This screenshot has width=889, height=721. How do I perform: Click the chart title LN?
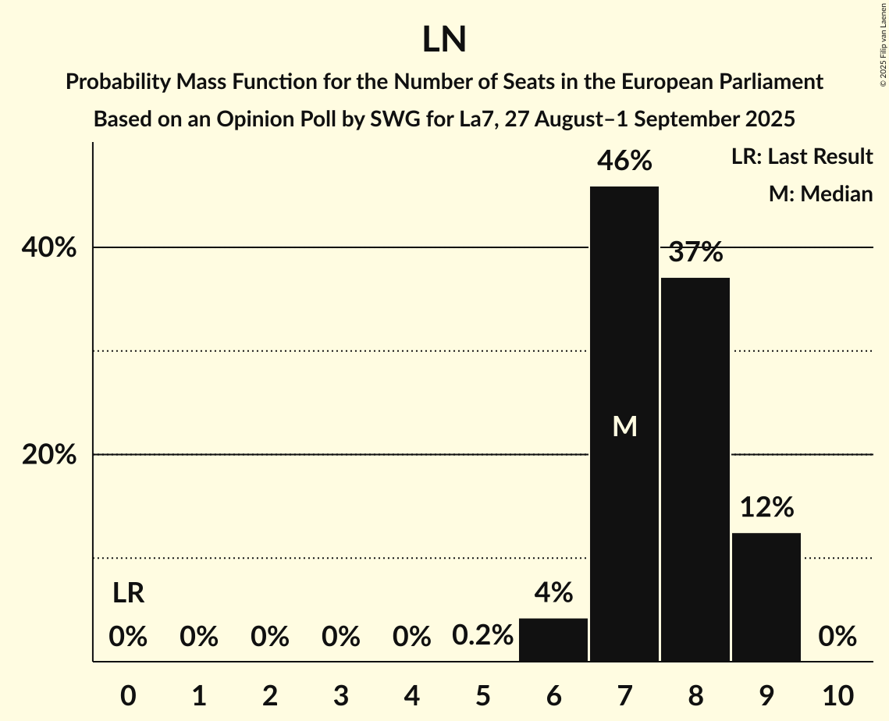(444, 40)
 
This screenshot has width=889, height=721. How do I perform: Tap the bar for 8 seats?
(695, 469)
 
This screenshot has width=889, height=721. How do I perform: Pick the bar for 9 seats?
(766, 597)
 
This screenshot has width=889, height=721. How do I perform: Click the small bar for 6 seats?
(553, 640)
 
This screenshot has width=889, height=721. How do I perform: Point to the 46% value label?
(624, 162)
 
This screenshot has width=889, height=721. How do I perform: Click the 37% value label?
(695, 252)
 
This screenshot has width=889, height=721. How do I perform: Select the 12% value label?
(766, 508)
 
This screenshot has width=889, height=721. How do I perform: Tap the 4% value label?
(553, 594)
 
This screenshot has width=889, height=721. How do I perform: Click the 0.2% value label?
(482, 637)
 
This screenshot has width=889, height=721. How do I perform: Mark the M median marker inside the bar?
(624, 426)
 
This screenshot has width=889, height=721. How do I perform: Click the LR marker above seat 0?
(128, 594)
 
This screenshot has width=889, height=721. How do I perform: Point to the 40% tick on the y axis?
(48, 248)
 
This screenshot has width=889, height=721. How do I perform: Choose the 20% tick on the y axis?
(48, 455)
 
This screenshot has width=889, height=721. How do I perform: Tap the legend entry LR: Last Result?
(802, 157)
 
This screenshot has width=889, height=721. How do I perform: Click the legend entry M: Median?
(820, 194)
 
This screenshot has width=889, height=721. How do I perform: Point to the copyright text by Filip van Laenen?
(883, 43)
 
